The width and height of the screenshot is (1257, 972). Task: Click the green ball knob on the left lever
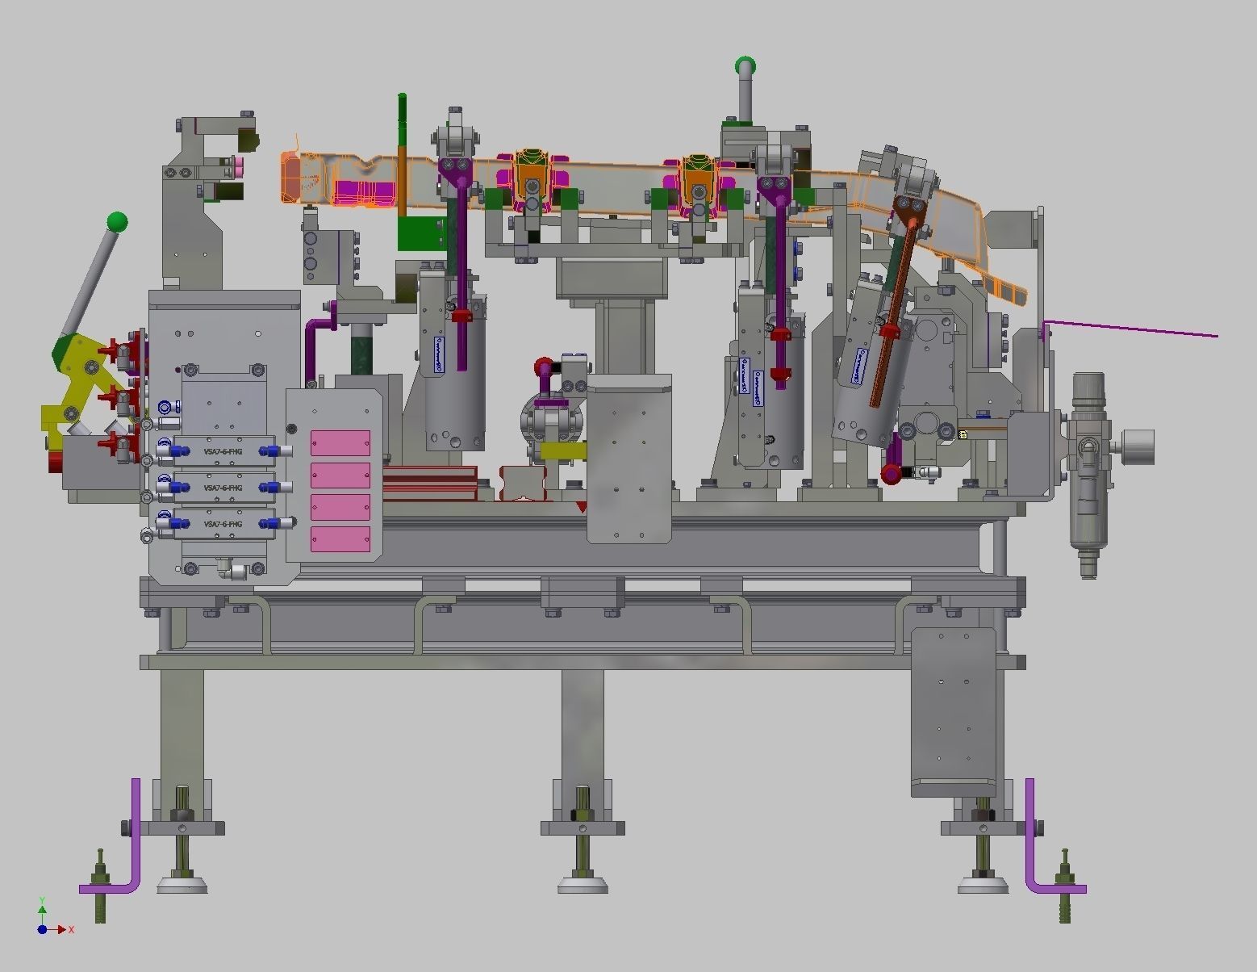click(117, 222)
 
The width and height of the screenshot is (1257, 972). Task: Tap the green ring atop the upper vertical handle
click(745, 66)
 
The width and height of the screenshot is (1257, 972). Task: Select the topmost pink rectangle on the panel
click(340, 443)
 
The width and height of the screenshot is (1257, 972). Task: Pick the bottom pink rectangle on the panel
click(340, 539)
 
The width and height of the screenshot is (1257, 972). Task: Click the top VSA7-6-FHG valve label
click(223, 451)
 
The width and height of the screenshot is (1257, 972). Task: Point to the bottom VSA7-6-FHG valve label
click(223, 524)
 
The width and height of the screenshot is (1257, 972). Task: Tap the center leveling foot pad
click(583, 886)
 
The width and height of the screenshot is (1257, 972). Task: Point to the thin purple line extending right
click(1130, 329)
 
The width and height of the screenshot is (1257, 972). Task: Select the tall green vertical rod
click(402, 153)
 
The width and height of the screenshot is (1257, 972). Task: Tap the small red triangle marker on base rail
click(581, 507)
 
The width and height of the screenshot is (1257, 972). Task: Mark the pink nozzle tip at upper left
click(240, 168)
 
